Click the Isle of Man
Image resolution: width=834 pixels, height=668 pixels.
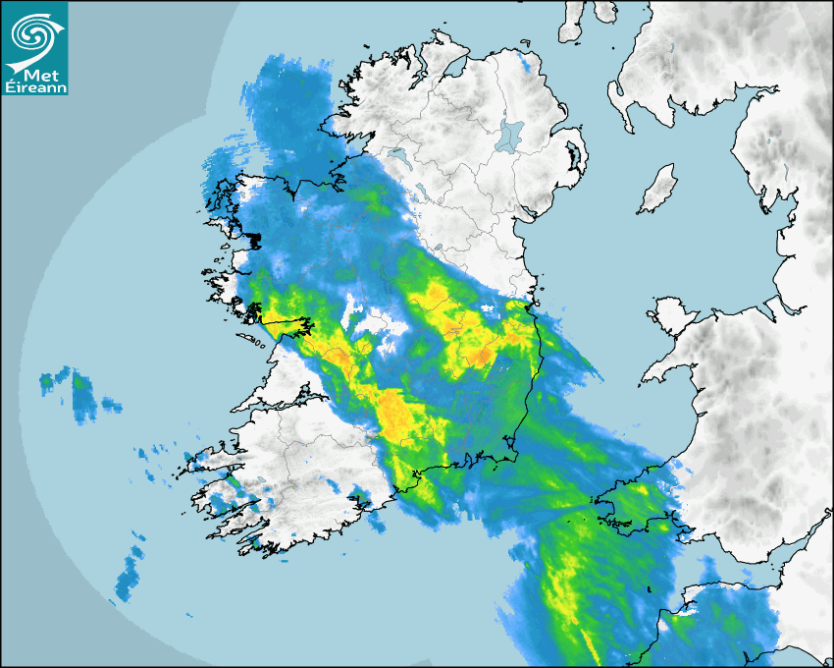tap(658, 190)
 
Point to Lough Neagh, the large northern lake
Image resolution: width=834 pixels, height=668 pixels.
tap(511, 135)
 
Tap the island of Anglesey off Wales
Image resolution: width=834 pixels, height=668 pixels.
tap(672, 312)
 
